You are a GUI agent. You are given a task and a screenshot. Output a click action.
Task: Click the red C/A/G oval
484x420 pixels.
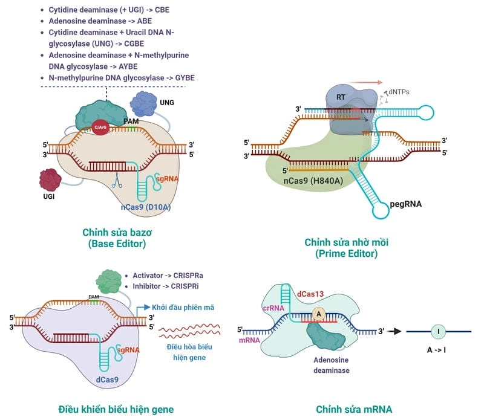point(101,127)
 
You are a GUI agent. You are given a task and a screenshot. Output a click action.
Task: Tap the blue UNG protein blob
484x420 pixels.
point(143,103)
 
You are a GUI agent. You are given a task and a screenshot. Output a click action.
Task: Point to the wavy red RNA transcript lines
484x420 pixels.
point(189,332)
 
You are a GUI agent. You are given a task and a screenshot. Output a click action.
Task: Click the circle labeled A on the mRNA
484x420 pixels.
point(318,314)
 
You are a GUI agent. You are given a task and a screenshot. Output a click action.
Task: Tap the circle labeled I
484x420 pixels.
point(438,331)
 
